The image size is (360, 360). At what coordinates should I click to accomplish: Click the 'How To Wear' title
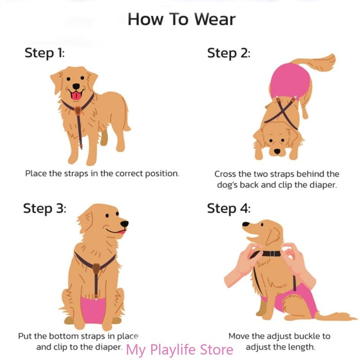[x=181, y=19]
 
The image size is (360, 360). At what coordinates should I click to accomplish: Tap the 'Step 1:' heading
[x=45, y=53]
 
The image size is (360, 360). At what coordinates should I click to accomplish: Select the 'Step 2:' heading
[x=228, y=53]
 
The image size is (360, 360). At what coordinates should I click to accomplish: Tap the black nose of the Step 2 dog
[x=278, y=152]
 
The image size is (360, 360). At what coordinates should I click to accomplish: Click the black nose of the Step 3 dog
[x=124, y=223]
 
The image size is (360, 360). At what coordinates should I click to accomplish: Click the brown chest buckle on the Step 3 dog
[x=96, y=269]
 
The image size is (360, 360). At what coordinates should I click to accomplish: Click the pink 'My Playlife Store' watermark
[x=180, y=350]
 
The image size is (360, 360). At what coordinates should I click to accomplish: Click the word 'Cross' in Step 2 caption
[x=225, y=174]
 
